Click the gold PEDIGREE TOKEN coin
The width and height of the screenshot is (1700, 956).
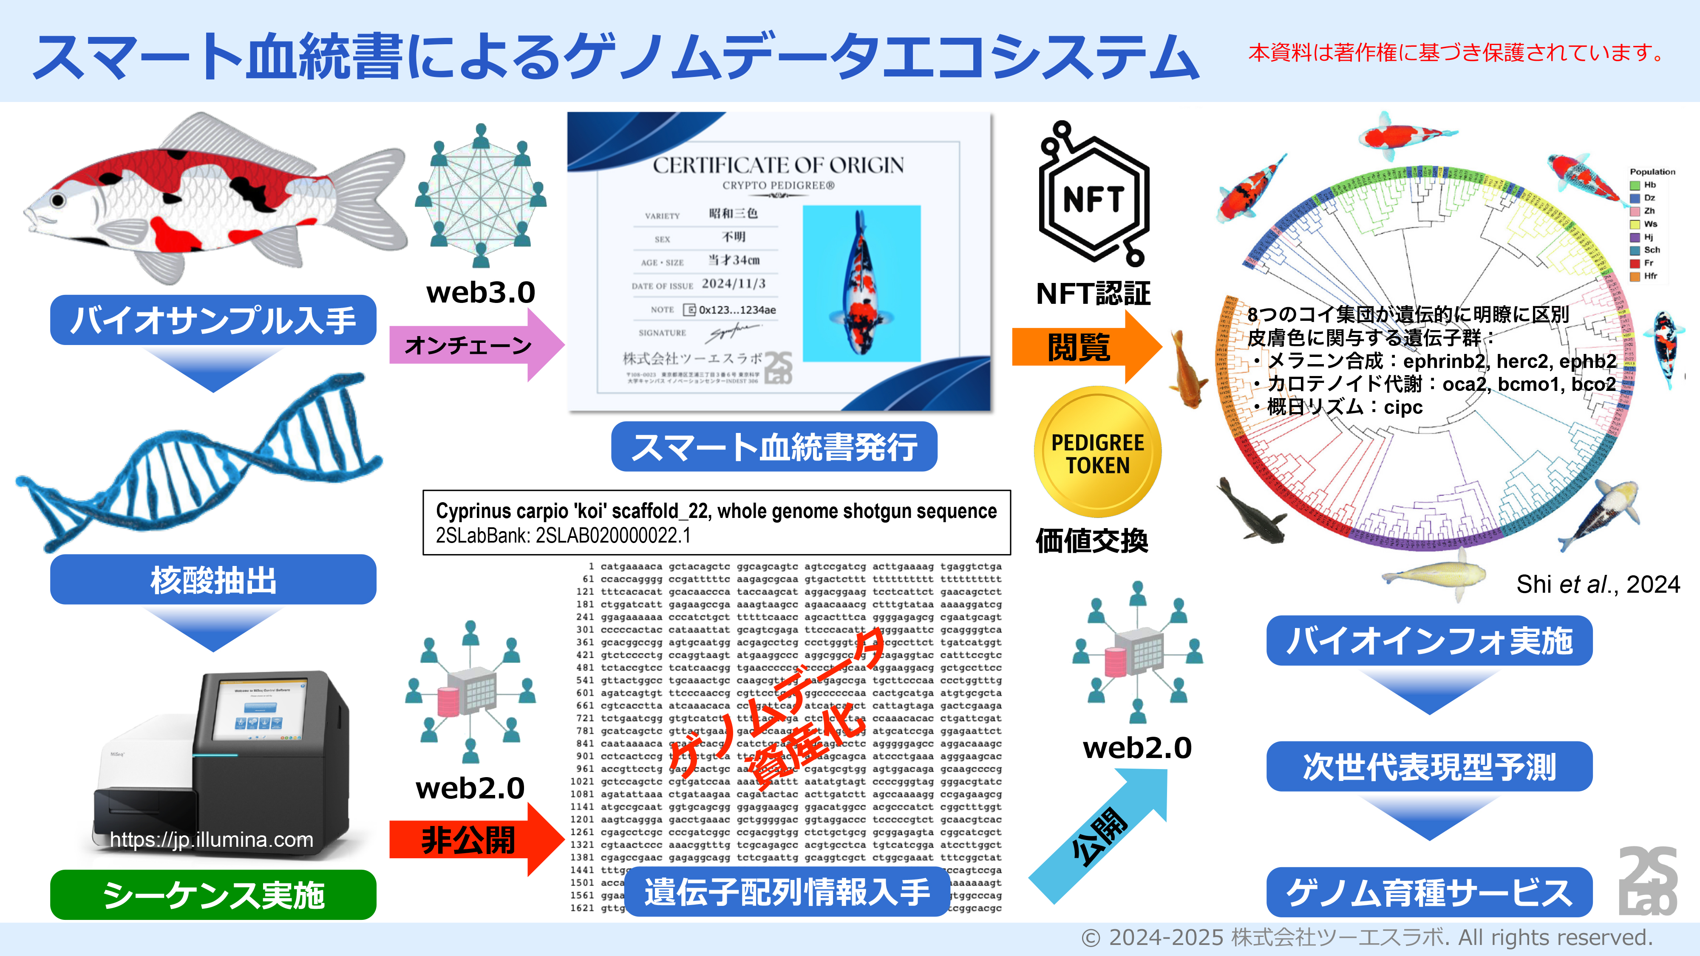[x=1097, y=453]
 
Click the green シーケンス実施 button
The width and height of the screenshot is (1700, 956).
[x=213, y=895]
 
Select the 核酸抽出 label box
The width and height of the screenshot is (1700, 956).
[x=213, y=579]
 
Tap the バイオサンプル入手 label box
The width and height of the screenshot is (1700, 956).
[x=213, y=320]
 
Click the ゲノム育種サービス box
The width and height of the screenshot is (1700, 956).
[x=1429, y=892]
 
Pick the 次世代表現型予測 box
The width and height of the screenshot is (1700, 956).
[x=1429, y=766]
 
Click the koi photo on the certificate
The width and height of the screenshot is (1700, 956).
[x=861, y=284]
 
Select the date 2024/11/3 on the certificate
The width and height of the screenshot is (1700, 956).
[x=733, y=284]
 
